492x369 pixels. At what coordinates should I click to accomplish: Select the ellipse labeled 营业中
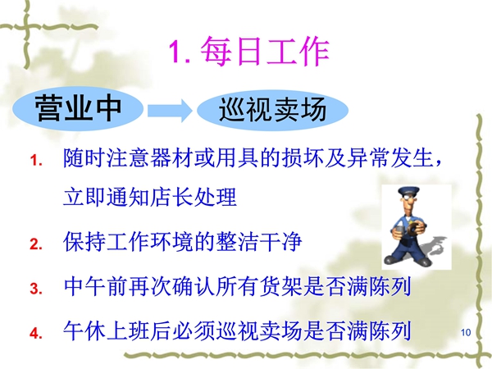pos(78,108)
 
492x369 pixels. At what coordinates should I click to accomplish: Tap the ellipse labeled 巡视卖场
pos(273,110)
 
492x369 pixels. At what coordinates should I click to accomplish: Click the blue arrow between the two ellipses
pos(170,110)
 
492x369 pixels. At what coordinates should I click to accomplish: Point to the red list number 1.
pos(36,160)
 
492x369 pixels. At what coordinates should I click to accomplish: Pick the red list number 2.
pos(36,244)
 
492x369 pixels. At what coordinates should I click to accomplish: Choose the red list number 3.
pos(36,288)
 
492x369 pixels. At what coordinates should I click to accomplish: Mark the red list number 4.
pos(36,333)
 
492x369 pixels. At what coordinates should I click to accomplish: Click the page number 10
pos(466,332)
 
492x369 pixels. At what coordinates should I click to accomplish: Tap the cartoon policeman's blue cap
pos(408,190)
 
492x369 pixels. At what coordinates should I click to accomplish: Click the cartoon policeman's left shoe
pos(393,259)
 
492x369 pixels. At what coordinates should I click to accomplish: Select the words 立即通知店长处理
pos(150,197)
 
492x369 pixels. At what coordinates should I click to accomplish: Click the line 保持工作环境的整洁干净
pos(182,242)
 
